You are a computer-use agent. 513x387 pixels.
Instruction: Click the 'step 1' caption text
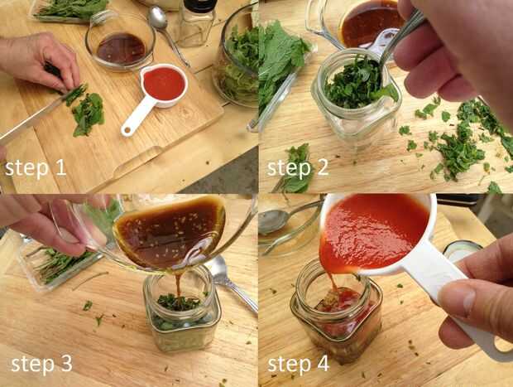[36, 168]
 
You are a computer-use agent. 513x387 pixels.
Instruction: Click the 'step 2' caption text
[297, 168]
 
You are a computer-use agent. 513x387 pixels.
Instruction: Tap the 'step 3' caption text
[41, 364]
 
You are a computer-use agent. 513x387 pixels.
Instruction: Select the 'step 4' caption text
[298, 364]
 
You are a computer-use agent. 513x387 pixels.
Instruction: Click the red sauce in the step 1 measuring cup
[164, 84]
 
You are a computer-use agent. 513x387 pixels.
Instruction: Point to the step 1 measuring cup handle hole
[127, 131]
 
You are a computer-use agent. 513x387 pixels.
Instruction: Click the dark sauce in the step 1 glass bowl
[122, 49]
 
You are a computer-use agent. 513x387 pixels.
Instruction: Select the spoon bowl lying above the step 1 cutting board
[158, 17]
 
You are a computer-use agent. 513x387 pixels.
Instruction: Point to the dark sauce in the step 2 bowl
[372, 23]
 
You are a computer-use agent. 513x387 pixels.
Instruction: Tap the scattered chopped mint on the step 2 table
[458, 144]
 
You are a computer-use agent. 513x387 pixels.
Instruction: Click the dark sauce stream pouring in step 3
[178, 285]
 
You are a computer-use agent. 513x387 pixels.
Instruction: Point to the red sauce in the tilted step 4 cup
[373, 230]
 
